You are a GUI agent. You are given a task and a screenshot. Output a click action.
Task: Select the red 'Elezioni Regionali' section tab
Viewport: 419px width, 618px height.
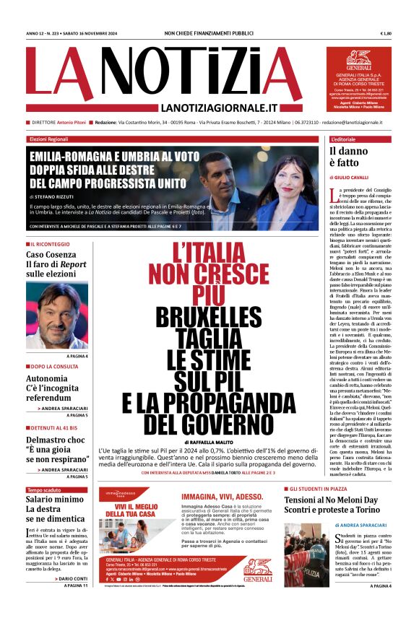click(x=48, y=139)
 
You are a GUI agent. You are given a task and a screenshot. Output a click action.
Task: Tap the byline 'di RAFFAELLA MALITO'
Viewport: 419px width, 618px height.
click(x=209, y=442)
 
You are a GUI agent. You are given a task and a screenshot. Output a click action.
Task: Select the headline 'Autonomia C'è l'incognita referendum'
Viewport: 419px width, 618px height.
click(x=52, y=388)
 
